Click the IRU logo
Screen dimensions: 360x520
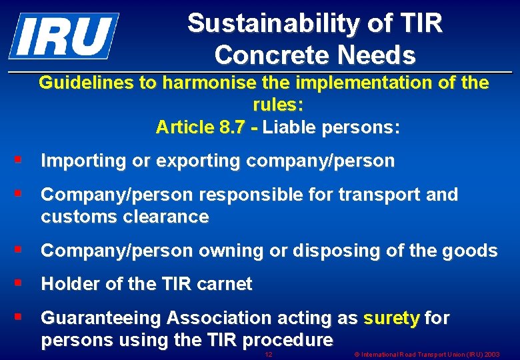[63, 35]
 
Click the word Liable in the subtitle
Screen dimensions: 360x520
[291, 127]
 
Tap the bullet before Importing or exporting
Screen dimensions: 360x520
[19, 160]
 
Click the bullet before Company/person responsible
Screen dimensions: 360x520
[19, 194]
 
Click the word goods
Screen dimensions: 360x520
[473, 251]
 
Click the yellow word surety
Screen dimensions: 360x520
[391, 319]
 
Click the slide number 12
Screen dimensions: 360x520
[268, 353]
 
